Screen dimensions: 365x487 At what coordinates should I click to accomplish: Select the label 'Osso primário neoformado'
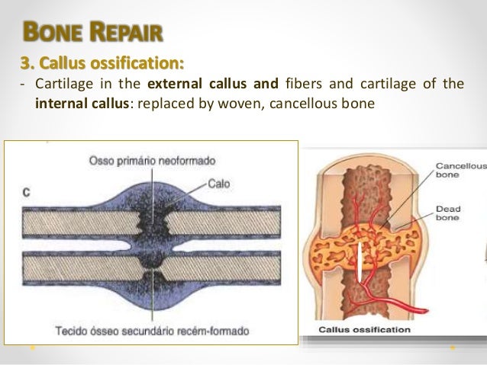(152, 160)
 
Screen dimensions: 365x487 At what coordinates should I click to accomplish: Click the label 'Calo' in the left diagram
(220, 183)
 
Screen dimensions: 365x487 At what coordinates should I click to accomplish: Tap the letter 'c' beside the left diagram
(26, 193)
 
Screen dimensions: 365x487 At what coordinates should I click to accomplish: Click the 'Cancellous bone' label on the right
(460, 169)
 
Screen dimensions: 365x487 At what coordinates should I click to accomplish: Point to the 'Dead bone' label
(448, 213)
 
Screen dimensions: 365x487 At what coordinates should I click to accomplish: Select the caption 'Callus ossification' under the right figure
(364, 330)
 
